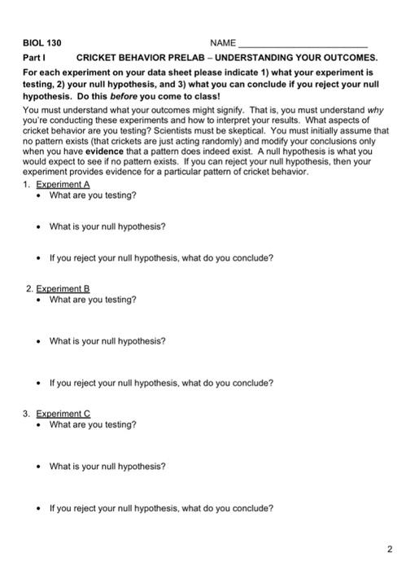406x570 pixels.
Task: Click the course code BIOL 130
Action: pos(41,42)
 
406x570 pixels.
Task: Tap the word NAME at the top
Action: pos(222,42)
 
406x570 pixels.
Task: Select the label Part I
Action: pos(34,59)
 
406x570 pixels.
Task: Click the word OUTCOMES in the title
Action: pos(347,59)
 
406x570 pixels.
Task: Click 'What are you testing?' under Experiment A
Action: pos(93,195)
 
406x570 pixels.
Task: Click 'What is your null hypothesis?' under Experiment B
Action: pos(107,341)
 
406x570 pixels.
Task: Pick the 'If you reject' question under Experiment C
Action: pos(161,508)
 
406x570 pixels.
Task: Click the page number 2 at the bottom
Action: pos(390,547)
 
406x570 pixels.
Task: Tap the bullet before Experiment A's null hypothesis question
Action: pos(39,226)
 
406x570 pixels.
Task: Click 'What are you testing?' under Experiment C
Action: pos(93,424)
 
